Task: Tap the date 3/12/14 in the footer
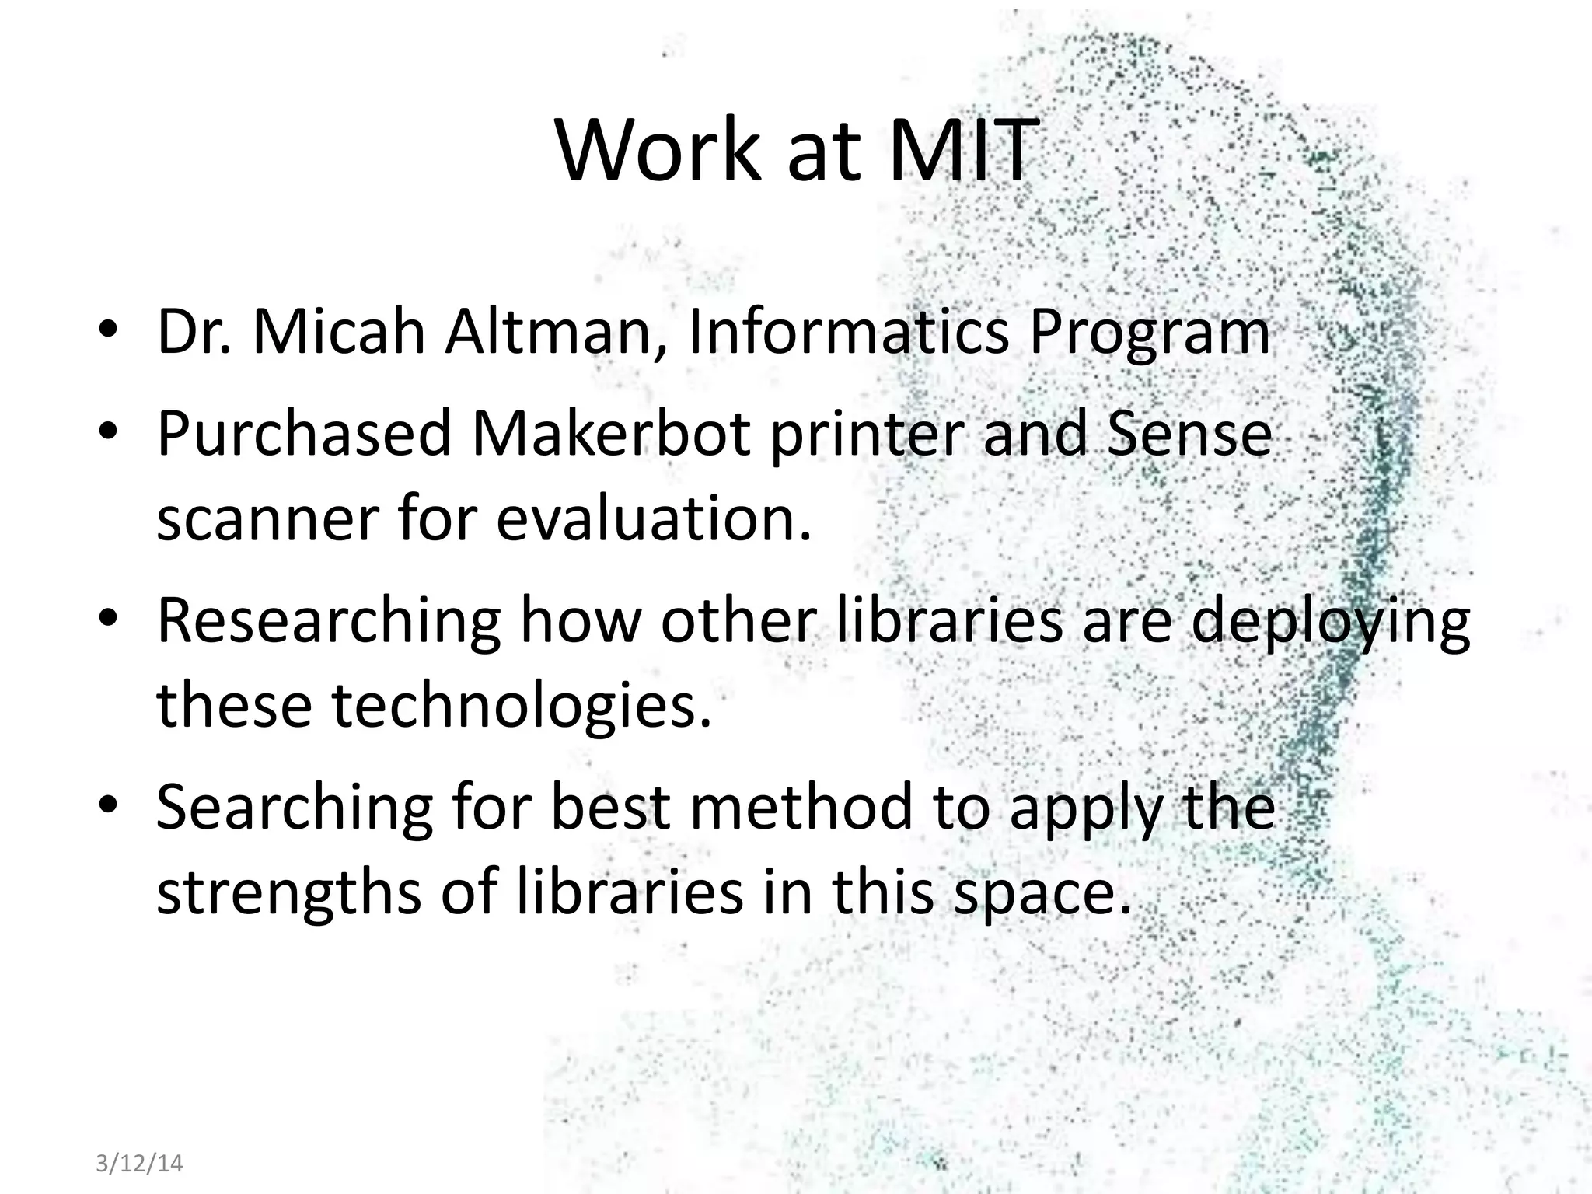(139, 1163)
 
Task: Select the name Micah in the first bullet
(339, 333)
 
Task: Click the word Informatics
(849, 333)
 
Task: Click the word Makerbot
(611, 433)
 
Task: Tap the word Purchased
(304, 433)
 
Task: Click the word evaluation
(653, 519)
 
